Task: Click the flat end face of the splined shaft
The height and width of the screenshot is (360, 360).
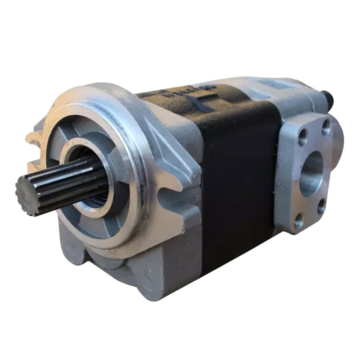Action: (x=25, y=192)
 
